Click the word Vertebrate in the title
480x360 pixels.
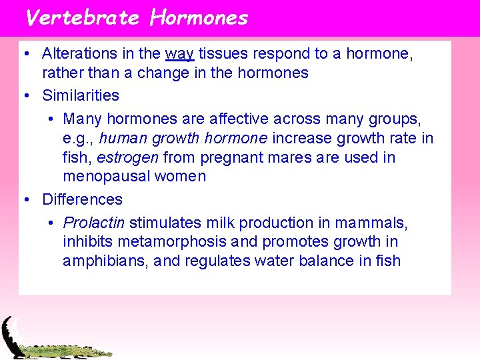[81, 17]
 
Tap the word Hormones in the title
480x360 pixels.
[199, 17]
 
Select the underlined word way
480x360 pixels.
[179, 53]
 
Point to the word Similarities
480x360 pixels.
[81, 95]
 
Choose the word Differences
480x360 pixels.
[82, 199]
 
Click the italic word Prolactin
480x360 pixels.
[94, 223]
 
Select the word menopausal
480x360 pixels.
[107, 177]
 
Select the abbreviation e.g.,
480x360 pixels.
[79, 138]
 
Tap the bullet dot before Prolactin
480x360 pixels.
[52, 223]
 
